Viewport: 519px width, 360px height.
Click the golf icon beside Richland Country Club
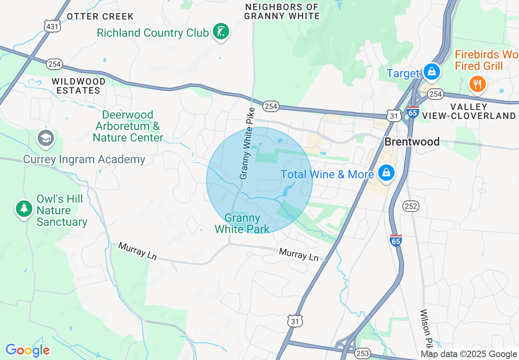coord(221,32)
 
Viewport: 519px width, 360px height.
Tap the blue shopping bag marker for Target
coord(431,72)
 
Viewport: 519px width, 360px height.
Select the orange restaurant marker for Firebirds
coord(477,84)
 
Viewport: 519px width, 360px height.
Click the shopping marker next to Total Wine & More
coord(386,173)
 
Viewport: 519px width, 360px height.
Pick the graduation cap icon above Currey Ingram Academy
coord(46,138)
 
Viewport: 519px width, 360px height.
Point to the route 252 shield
coord(411,206)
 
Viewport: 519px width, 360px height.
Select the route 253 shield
coord(363,353)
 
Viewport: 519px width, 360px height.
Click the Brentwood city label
coord(412,142)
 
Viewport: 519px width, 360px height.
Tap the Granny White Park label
coord(242,223)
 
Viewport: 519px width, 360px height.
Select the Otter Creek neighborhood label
coord(100,16)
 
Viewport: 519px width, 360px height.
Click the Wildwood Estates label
coord(79,86)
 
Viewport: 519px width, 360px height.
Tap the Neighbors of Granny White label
coord(282,12)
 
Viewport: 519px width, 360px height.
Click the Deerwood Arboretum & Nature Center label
coord(128,126)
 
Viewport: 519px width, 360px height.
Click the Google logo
coord(28,350)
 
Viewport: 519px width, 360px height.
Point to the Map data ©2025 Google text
coord(469,354)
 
